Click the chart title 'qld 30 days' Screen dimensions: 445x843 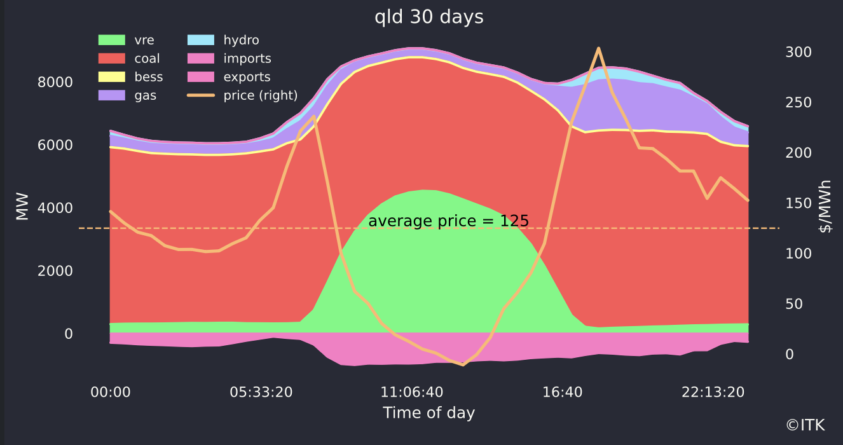[429, 17]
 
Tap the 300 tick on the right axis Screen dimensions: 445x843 [798, 52]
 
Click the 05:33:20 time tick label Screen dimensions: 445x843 [261, 392]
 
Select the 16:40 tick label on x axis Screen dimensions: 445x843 [563, 392]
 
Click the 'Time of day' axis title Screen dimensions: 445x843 [429, 413]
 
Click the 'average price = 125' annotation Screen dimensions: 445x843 [448, 221]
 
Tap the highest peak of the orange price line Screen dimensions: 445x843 [598, 48]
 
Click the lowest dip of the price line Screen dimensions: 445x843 [463, 365]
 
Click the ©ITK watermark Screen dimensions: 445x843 [809, 425]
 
